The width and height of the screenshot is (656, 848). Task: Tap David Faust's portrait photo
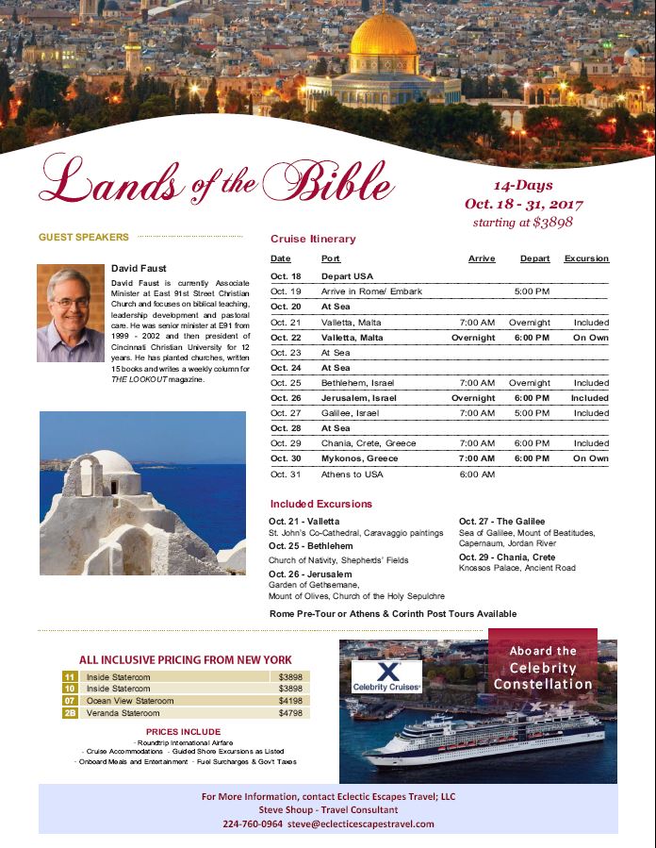tap(71, 311)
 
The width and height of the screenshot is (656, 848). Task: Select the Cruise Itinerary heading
tap(313, 240)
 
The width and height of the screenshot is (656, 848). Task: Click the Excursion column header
tap(586, 258)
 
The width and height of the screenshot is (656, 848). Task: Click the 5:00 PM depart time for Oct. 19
tap(532, 291)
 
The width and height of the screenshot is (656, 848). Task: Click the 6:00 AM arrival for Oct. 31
tap(476, 474)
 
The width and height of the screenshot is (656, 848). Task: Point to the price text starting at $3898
tap(522, 223)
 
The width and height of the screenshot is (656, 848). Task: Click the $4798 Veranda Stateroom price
tap(291, 713)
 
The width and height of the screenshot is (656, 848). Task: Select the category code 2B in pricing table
tap(70, 713)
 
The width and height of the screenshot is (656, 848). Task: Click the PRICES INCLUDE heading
tap(183, 731)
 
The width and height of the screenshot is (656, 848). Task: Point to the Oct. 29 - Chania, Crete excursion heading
tap(507, 557)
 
